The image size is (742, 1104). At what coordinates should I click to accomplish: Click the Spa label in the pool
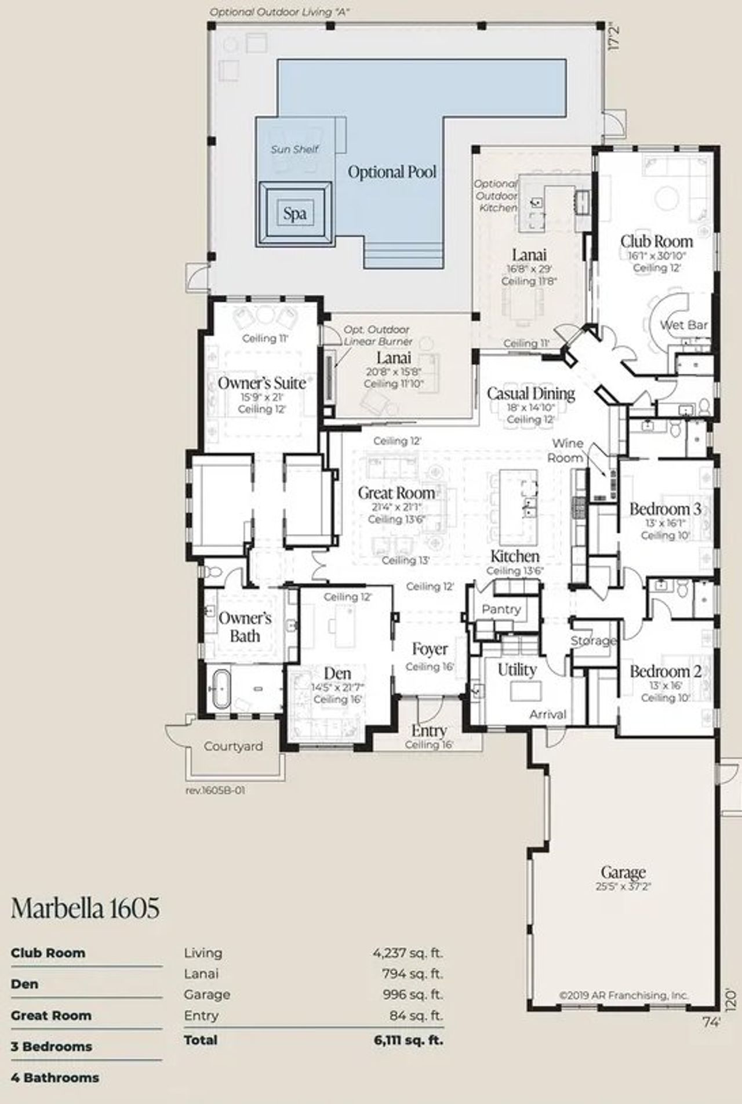click(294, 213)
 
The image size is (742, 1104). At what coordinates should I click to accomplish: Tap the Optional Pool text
click(392, 172)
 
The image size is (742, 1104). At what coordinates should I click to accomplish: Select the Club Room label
click(656, 241)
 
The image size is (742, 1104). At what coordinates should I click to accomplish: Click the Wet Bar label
click(683, 325)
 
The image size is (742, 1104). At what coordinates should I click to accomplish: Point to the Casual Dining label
click(530, 394)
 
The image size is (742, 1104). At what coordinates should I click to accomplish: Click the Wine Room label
click(567, 450)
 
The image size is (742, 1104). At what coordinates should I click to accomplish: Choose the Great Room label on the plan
click(396, 493)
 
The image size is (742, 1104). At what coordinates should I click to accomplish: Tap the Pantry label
click(501, 609)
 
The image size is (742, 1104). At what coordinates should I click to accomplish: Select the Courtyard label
click(233, 746)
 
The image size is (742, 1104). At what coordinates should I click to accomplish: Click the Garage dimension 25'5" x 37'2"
click(623, 887)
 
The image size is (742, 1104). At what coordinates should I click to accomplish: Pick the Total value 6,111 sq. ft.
click(408, 1040)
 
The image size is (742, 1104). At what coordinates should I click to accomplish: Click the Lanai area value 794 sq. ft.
click(413, 974)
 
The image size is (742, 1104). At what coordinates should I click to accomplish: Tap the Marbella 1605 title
click(85, 908)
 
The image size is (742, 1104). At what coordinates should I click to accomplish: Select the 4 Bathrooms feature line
click(54, 1078)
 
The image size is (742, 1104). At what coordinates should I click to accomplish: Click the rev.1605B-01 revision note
click(215, 790)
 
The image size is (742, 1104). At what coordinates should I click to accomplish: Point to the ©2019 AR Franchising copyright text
click(623, 995)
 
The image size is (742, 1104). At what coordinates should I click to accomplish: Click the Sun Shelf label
click(294, 149)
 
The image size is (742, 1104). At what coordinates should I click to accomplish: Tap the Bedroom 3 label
click(665, 509)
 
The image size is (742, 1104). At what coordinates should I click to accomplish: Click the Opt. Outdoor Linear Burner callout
click(377, 336)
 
